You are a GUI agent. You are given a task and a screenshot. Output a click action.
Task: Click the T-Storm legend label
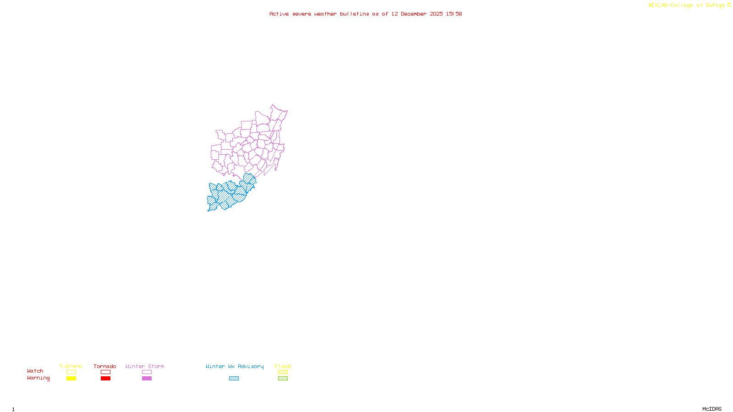(x=71, y=366)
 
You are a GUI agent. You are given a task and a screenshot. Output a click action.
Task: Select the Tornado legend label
(x=105, y=366)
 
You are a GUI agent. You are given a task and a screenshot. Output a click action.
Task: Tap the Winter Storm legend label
(x=145, y=366)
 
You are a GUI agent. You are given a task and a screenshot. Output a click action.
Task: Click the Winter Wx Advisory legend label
(x=235, y=366)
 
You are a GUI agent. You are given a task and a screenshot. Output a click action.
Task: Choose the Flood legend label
(x=283, y=366)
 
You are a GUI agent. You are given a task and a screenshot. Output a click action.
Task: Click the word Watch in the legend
(x=35, y=371)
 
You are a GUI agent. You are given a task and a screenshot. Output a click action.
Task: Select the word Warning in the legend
(x=38, y=378)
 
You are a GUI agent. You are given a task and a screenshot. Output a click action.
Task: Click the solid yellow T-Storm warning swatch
(x=71, y=379)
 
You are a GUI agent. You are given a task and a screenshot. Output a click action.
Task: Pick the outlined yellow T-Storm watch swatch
(x=71, y=372)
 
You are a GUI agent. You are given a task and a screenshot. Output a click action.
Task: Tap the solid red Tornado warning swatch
(x=105, y=379)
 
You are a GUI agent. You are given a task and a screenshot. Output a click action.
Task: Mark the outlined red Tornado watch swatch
(x=105, y=372)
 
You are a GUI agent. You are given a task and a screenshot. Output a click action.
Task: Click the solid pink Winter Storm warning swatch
(x=147, y=379)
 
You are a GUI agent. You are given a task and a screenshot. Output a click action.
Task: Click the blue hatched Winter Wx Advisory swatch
(x=234, y=379)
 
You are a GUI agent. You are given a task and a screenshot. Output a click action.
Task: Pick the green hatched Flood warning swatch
(x=283, y=379)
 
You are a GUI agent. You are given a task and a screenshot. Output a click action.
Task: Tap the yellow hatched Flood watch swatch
(x=283, y=372)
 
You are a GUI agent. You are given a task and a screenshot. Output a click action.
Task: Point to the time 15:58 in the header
(x=454, y=14)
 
